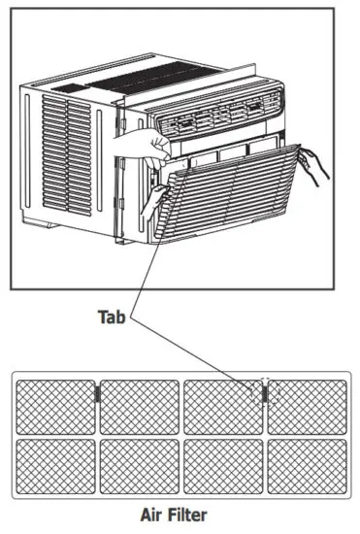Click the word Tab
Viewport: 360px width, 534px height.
click(112, 317)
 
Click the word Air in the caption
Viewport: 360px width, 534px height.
click(155, 515)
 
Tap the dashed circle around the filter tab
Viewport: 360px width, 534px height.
click(265, 391)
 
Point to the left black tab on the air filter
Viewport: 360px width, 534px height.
click(97, 393)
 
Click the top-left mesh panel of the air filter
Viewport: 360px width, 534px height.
click(56, 406)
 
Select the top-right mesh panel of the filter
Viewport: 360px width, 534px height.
click(307, 406)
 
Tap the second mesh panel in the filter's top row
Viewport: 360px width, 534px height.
click(140, 406)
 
